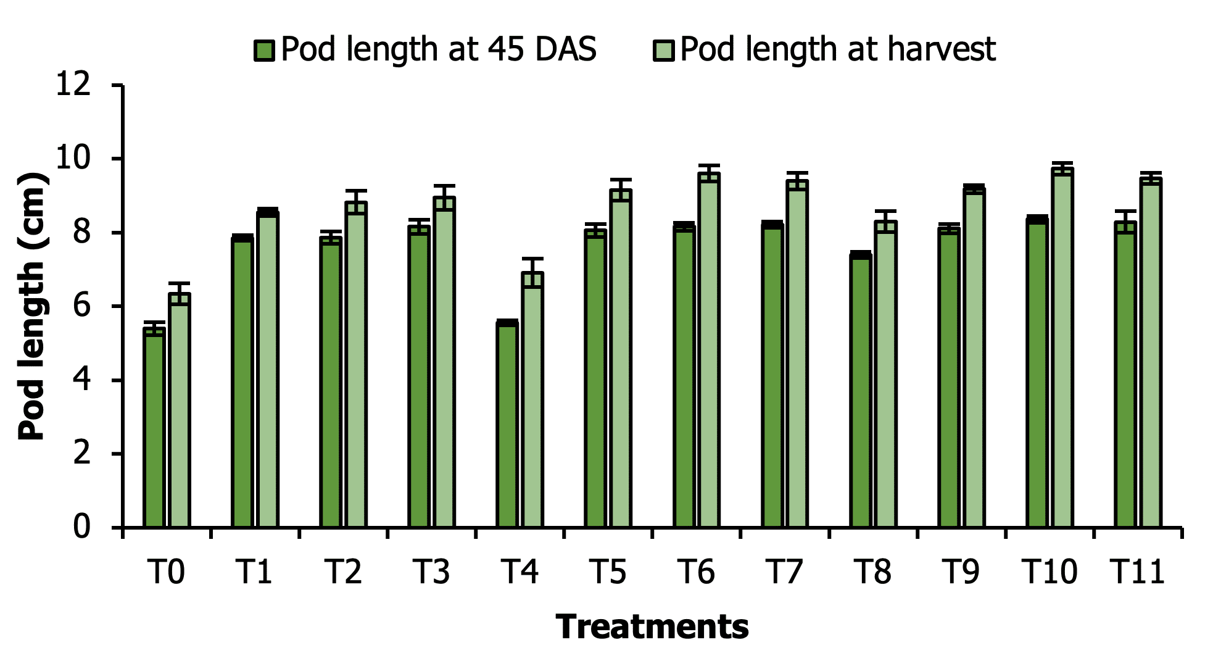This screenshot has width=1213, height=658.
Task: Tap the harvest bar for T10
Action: pos(1062,348)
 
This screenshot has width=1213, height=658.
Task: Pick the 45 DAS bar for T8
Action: pos(861,391)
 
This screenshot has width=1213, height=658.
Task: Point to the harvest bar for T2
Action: pos(356,365)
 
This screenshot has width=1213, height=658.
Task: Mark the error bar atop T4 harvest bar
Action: pos(532,265)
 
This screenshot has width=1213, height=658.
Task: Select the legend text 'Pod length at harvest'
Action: pos(837,49)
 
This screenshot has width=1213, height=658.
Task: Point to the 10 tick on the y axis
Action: pos(73,159)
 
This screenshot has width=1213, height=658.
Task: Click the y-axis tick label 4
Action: pos(81,380)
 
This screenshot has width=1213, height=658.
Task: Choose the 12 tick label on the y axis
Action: pos(73,85)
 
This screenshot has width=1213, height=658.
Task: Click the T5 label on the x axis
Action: pos(608,572)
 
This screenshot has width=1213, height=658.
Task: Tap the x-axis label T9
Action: pos(961,572)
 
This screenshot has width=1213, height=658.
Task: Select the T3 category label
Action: pos(431,572)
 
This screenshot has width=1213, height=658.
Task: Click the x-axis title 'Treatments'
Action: pos(652,627)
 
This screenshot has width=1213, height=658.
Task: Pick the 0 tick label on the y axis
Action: pos(81,527)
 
